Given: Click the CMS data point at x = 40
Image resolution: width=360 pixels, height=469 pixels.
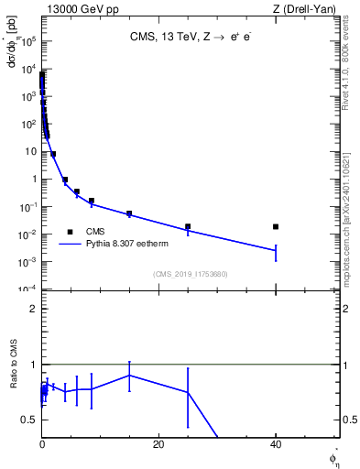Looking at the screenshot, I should pyautogui.click(x=276, y=226).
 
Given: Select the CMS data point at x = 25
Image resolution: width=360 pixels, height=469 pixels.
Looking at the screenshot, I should pyautogui.click(x=188, y=226).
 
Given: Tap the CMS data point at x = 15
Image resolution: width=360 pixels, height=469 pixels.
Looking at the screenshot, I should pyautogui.click(x=129, y=213).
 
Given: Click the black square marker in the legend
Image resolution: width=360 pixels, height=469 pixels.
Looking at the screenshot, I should pyautogui.click(x=70, y=232).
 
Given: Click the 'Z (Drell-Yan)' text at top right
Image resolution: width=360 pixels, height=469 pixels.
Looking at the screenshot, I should pyautogui.click(x=306, y=9).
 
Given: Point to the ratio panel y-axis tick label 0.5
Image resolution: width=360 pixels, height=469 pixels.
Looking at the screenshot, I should pyautogui.click(x=29, y=420).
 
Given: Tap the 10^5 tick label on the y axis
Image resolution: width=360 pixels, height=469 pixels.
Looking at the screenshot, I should pyautogui.click(x=28, y=41).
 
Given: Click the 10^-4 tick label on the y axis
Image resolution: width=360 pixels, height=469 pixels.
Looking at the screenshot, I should pyautogui.click(x=28, y=289).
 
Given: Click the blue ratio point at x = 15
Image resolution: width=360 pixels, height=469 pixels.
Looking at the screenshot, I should pyautogui.click(x=129, y=375).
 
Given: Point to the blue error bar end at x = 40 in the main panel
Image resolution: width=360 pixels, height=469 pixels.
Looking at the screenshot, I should pyautogui.click(x=276, y=261).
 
